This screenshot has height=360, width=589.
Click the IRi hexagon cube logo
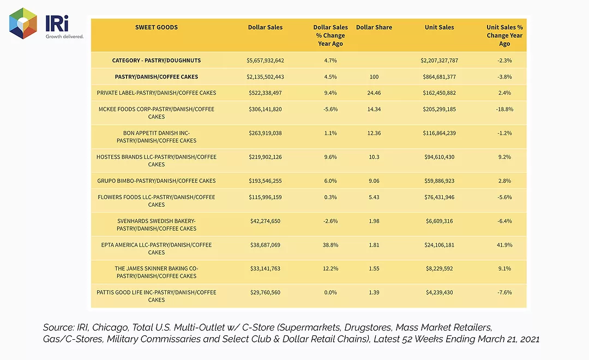(x=23, y=23)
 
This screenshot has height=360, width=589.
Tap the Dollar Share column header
(x=374, y=27)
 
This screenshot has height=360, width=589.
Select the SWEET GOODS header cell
(x=157, y=27)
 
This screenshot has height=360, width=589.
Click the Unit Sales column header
(x=439, y=27)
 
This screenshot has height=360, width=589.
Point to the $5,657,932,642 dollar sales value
(x=265, y=61)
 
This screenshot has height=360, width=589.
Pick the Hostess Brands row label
(x=157, y=160)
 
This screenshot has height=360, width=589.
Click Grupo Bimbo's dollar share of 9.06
(x=374, y=181)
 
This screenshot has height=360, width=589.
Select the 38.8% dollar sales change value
(x=330, y=245)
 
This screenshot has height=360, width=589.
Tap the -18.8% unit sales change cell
(x=504, y=109)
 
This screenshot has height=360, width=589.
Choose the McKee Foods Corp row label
(x=157, y=113)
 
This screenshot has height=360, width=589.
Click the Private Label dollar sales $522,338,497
(x=265, y=93)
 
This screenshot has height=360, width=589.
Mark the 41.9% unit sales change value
(x=504, y=245)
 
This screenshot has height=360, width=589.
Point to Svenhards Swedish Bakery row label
(x=157, y=225)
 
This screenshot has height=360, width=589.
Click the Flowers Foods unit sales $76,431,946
(x=439, y=197)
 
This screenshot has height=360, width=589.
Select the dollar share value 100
(x=374, y=77)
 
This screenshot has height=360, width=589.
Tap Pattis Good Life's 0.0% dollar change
(x=330, y=292)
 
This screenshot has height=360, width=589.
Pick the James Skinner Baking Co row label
(x=157, y=272)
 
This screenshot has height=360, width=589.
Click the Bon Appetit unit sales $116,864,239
(x=439, y=133)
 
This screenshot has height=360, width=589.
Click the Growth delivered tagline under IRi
(x=64, y=37)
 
